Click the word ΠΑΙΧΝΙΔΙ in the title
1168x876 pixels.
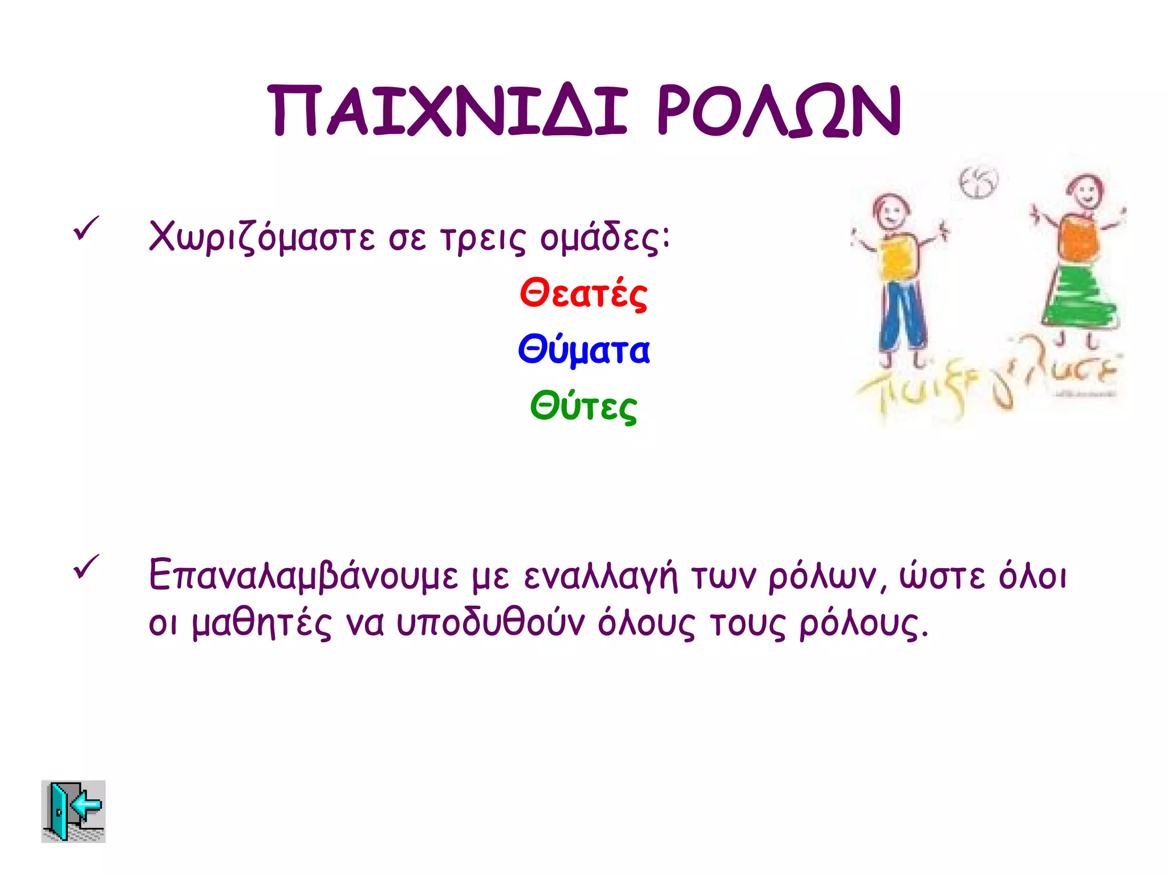coord(449,111)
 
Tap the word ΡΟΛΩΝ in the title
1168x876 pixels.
coord(779,111)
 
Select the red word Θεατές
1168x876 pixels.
coord(583,294)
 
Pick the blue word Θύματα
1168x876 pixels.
coord(583,350)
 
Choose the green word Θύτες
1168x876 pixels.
coord(583,407)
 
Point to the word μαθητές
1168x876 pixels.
coord(262,623)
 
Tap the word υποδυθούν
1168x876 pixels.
coord(490,623)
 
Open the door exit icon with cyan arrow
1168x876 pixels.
coord(74,811)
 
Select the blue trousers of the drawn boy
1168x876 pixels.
coord(902,314)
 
